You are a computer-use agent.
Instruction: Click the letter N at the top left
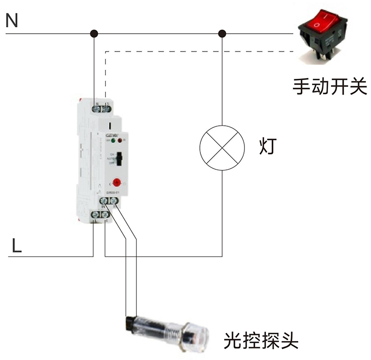(12, 21)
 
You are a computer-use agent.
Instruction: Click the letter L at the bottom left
(16, 246)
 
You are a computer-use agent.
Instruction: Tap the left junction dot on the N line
(94, 34)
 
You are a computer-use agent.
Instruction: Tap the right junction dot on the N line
(222, 34)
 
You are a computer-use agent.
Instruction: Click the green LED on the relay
(114, 141)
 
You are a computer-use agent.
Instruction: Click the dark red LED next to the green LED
(120, 141)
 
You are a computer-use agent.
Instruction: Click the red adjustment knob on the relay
(117, 182)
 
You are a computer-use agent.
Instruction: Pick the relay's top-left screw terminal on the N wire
(96, 106)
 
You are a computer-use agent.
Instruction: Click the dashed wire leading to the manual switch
(198, 51)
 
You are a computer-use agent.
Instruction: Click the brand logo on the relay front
(111, 134)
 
